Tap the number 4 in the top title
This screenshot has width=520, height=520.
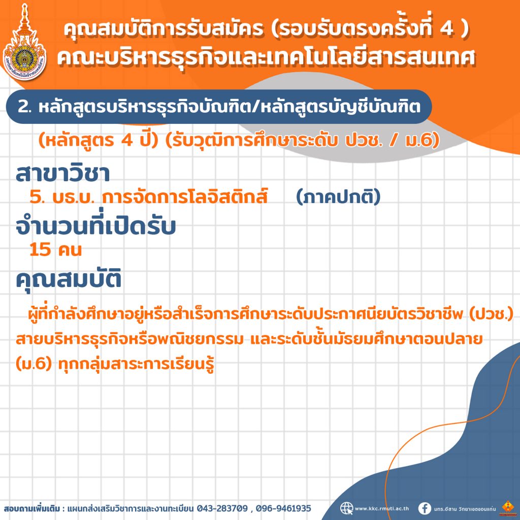tap(446, 29)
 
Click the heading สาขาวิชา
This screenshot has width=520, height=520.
tap(62, 174)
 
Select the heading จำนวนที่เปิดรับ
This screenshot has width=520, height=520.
tap(95, 226)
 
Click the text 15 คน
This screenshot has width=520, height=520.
tap(55, 249)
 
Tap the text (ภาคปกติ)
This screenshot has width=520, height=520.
tap(338, 198)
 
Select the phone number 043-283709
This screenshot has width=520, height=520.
tap(222, 508)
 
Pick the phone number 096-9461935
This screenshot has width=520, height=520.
tap(283, 508)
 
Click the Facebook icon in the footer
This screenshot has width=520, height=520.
tap(425, 508)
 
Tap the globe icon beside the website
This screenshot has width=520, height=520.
tap(346, 508)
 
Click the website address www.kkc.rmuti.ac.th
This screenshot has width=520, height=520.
tap(382, 508)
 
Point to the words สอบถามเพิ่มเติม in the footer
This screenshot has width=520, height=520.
tap(32, 508)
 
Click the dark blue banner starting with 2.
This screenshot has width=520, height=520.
tap(219, 107)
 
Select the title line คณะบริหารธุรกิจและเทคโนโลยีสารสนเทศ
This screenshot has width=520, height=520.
tap(266, 58)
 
